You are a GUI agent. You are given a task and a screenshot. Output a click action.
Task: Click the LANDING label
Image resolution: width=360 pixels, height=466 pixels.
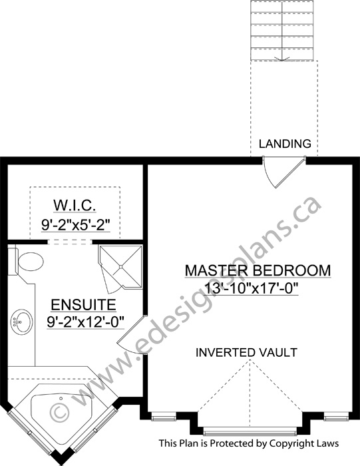(x=285, y=144)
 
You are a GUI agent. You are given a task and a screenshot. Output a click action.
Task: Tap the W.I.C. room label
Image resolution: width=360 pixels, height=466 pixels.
(x=75, y=205)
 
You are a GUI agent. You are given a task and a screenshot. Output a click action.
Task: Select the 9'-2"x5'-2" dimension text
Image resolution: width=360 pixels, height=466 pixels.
(x=76, y=225)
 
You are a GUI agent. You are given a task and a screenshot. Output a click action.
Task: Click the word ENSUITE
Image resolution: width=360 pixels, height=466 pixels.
(x=83, y=305)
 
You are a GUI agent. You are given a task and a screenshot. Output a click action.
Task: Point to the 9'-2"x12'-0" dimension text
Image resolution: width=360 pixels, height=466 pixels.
(x=85, y=322)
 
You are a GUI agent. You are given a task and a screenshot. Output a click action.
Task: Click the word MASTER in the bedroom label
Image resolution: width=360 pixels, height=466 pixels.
(x=216, y=271)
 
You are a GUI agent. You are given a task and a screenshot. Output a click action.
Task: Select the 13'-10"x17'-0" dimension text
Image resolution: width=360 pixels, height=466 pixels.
(x=252, y=288)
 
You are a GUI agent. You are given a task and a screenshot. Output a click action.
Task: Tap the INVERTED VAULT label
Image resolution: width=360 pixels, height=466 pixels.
(x=246, y=352)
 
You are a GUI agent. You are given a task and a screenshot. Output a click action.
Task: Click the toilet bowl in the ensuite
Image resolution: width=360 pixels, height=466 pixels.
(x=31, y=262)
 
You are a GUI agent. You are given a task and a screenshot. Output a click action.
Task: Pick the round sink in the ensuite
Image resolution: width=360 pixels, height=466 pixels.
(x=21, y=322)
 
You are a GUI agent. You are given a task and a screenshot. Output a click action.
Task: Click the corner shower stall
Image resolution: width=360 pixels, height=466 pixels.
(x=120, y=266)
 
